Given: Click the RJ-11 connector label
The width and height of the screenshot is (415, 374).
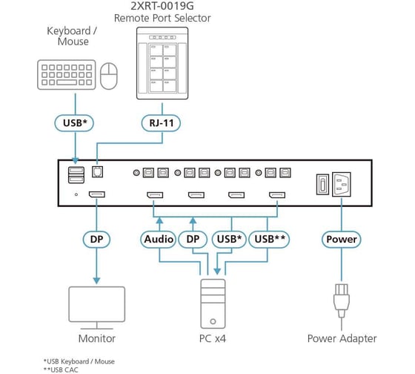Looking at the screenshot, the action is point(162,123).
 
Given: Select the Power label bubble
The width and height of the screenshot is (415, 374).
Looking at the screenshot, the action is point(342,240).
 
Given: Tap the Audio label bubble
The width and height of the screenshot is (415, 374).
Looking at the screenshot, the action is point(159,240).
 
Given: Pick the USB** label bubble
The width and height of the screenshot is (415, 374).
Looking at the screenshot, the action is point(270,240).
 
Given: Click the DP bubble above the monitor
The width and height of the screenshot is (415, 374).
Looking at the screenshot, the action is point(96,240).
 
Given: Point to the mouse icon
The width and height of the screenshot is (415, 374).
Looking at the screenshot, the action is point(109,76).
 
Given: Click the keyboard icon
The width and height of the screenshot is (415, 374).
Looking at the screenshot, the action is point(67,75).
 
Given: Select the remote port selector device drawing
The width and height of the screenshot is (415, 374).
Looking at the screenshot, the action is point(162,63).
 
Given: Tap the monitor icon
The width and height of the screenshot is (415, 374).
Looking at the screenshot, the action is point(97,308).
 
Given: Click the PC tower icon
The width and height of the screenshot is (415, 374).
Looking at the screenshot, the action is point(213,304).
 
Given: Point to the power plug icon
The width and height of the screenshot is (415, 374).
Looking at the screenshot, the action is point(342,301).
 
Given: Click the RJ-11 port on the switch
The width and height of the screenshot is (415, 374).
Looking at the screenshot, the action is point(97,171).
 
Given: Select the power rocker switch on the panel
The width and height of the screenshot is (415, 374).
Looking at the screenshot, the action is point(322,185).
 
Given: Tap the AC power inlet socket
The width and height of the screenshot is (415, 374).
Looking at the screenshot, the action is point(342,185).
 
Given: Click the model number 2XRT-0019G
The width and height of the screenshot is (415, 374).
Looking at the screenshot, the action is point(162,6).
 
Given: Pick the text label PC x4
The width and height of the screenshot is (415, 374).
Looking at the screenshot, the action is point(213,338).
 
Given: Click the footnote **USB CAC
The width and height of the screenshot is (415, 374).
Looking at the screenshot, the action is point(61,370).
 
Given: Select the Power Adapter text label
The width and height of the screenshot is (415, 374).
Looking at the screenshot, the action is point(342,338).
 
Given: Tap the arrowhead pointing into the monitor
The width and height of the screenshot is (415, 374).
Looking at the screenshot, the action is point(96,280).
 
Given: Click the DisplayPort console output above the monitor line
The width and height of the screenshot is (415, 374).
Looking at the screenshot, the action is point(97,194).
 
